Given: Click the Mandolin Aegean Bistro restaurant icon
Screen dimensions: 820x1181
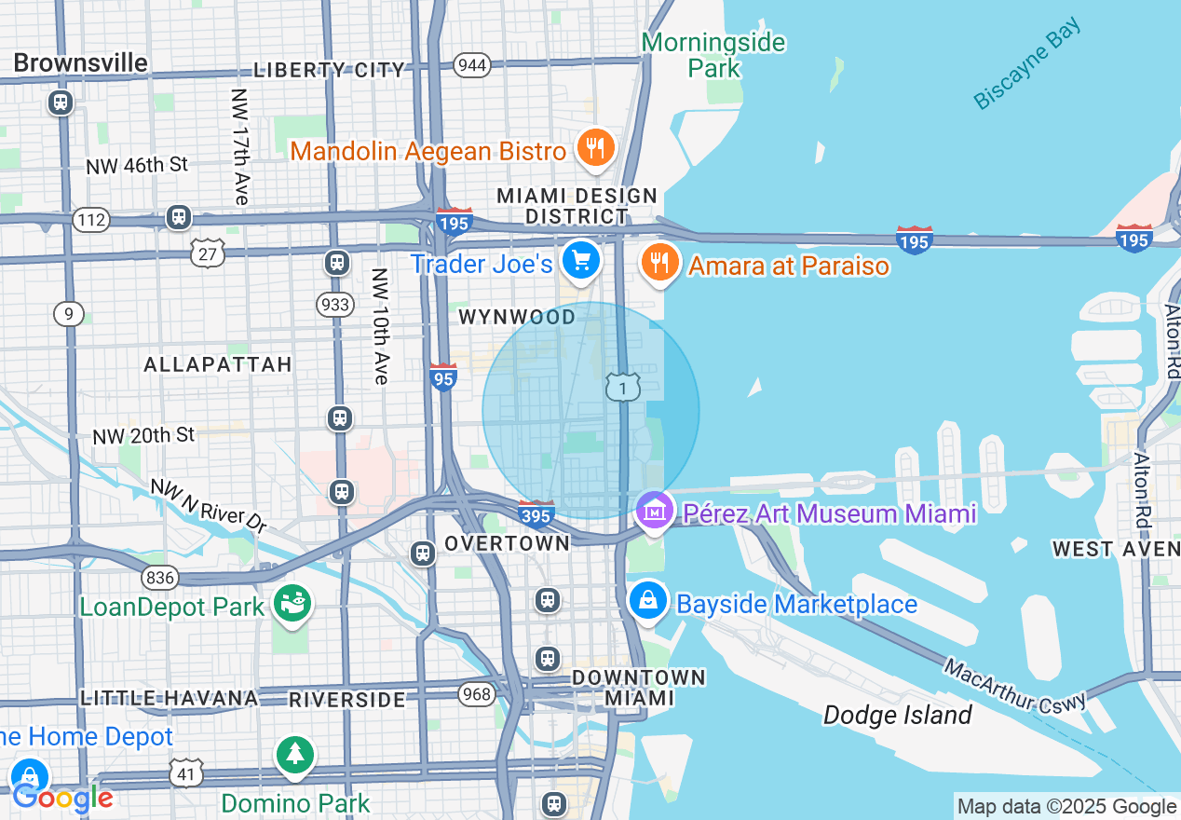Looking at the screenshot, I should click(x=593, y=148).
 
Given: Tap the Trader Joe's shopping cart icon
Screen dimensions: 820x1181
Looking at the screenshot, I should click(x=582, y=261).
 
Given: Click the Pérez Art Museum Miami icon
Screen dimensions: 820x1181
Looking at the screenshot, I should click(x=655, y=511).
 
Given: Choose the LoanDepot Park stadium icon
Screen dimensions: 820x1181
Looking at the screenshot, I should click(x=292, y=604).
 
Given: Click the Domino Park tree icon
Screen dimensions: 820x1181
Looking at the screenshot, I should click(x=295, y=753).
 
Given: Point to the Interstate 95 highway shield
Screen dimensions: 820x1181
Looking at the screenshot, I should click(x=443, y=376).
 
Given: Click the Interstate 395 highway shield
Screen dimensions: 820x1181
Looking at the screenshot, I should click(x=536, y=512).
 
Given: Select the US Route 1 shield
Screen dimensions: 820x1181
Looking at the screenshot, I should click(x=622, y=387).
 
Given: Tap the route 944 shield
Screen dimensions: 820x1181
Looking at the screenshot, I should click(x=473, y=64).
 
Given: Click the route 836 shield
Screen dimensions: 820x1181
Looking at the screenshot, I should click(x=160, y=578).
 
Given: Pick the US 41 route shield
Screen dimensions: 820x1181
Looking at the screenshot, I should click(x=186, y=772).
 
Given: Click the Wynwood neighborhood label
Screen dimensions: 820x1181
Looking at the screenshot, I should click(x=517, y=318).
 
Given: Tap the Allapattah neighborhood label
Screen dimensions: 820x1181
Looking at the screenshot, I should click(x=218, y=364).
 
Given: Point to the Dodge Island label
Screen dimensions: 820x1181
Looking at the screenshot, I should click(x=897, y=715).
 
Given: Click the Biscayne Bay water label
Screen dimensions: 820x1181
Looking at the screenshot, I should click(x=1027, y=63).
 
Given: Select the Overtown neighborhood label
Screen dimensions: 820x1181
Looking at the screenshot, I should click(x=507, y=543).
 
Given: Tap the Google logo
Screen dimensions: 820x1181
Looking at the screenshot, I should click(x=62, y=798).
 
